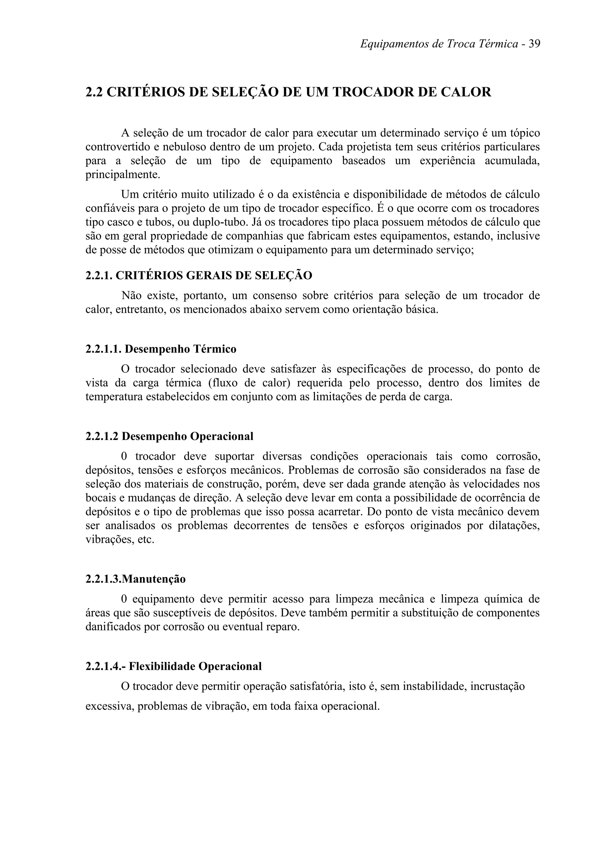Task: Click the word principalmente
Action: (x=123, y=174)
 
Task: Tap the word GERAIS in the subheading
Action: (x=208, y=275)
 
